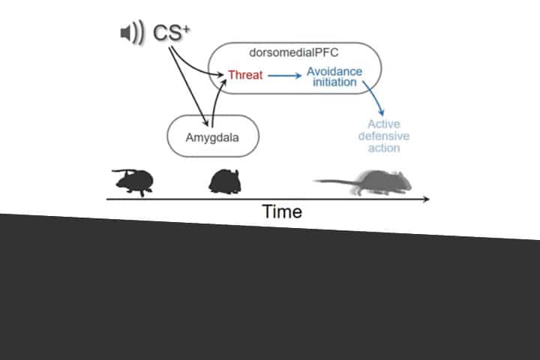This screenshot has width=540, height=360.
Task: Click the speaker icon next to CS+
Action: point(131,33)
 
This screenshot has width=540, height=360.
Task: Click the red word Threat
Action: point(244,75)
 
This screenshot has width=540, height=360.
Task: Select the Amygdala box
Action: point(212,136)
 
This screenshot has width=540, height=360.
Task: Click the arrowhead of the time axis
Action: point(425,199)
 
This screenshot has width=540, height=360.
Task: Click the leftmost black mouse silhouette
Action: point(134,181)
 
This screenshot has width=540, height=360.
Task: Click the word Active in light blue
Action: point(383,124)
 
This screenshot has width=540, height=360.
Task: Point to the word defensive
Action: point(383,136)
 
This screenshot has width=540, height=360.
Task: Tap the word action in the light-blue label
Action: point(383,148)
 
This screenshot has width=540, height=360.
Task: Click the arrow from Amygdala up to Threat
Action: point(217,97)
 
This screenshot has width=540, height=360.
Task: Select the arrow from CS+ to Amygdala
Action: point(190,86)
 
